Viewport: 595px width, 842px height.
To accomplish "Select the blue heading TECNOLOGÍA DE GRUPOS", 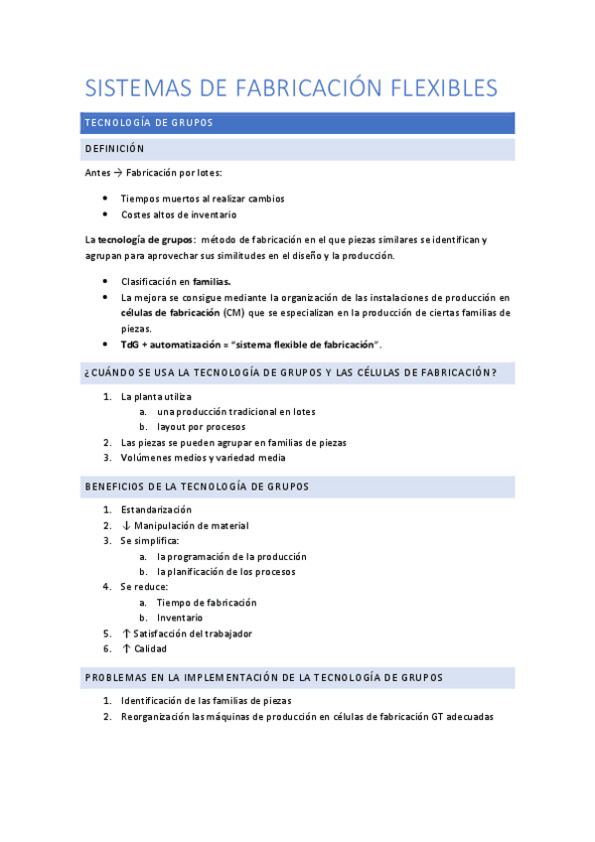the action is pyautogui.click(x=149, y=123).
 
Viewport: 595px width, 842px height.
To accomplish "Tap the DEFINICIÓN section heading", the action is pyautogui.click(x=115, y=149).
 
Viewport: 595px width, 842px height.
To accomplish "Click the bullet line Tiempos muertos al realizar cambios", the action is pyautogui.click(x=203, y=199).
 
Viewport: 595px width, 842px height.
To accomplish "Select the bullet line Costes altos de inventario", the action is pyautogui.click(x=179, y=214).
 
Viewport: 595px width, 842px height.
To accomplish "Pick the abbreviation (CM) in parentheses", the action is pyautogui.click(x=233, y=313).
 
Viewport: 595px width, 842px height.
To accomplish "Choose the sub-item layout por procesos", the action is pyautogui.click(x=201, y=427).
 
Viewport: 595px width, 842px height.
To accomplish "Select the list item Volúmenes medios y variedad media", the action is pyautogui.click(x=203, y=458).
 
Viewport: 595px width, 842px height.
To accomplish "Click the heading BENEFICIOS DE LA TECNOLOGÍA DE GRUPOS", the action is pyautogui.click(x=197, y=487).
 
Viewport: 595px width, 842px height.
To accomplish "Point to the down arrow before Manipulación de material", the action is pyautogui.click(x=126, y=525).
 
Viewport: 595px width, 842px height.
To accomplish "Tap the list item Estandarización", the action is pyautogui.click(x=156, y=509).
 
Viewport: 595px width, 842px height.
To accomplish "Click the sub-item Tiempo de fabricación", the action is pyautogui.click(x=207, y=603).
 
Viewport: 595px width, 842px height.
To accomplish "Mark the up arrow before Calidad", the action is pyautogui.click(x=126, y=648).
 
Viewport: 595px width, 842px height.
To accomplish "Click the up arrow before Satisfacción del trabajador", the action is pyautogui.click(x=126, y=633).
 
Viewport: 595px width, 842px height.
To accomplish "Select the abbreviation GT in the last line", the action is pyautogui.click(x=438, y=717).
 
